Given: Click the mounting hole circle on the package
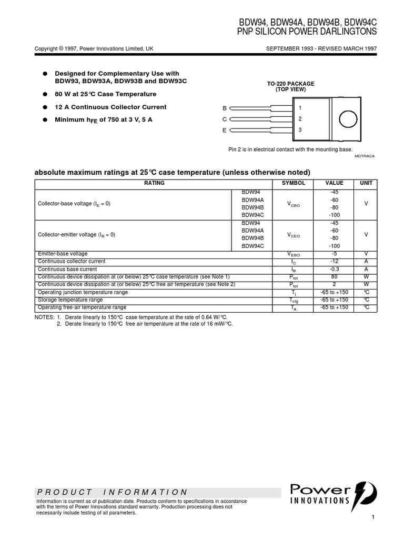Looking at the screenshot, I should pyautogui.click(x=348, y=118).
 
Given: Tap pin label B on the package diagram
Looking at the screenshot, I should pyautogui.click(x=224, y=108).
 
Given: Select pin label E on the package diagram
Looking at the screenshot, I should pyautogui.click(x=224, y=129).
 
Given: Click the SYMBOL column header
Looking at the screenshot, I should pyautogui.click(x=293, y=183).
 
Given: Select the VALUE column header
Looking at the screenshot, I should pyautogui.click(x=334, y=183).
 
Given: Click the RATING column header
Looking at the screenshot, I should pyautogui.click(x=154, y=183).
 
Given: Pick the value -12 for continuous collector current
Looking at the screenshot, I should pyautogui.click(x=334, y=262).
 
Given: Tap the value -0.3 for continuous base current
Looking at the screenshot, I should pyautogui.click(x=334, y=269).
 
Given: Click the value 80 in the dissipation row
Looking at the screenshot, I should pyautogui.click(x=334, y=276).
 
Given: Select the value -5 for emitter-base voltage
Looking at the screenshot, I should pyautogui.click(x=334, y=254).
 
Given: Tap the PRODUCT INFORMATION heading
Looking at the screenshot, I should pyautogui.click(x=112, y=492).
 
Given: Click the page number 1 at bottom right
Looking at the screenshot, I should pyautogui.click(x=372, y=518).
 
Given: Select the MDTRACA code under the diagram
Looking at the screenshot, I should pyautogui.click(x=364, y=156).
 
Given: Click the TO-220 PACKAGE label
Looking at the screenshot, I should pyautogui.click(x=291, y=84).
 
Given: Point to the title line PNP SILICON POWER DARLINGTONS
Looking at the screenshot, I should pyautogui.click(x=308, y=32).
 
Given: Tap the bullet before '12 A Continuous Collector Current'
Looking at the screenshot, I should pyautogui.click(x=46, y=107).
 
